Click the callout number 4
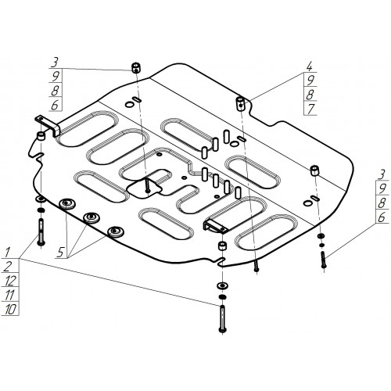coord(309,66)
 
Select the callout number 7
coord(310,109)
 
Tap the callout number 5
coord(60,253)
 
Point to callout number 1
coord(8,252)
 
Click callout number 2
coord(9,267)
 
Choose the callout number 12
coord(11,281)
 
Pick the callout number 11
coord(9,295)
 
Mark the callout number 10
coord(10,310)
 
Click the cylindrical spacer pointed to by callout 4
coord(240,103)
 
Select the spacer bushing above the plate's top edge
coord(135,68)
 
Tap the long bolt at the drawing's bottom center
coord(222,319)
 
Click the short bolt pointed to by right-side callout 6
coord(323,260)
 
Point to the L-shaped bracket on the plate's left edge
coord(48,125)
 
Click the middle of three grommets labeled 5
coord(91,217)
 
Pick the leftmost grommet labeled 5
coord(67,203)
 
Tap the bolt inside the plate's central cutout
coord(148,185)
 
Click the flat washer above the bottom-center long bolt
coord(222,285)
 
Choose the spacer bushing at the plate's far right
coord(315,170)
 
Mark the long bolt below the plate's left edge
coord(41,232)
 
